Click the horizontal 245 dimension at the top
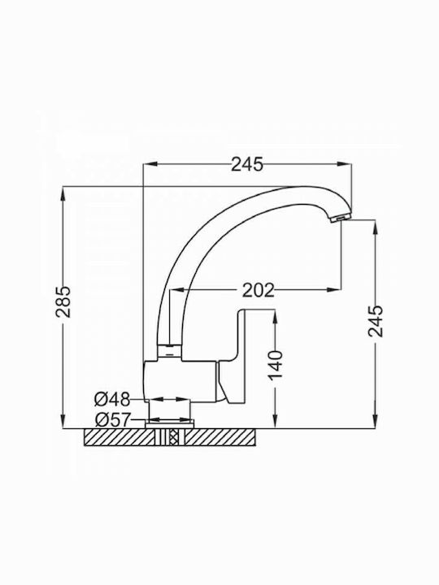tap(247, 164)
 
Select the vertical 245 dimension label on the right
tap(376, 321)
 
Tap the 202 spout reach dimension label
tap(259, 290)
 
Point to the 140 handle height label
tap(276, 365)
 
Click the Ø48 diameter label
tap(112, 400)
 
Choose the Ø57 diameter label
tap(113, 420)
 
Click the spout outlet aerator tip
tap(341, 219)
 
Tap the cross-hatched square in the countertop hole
tap(173, 437)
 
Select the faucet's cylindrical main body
tap(180, 381)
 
